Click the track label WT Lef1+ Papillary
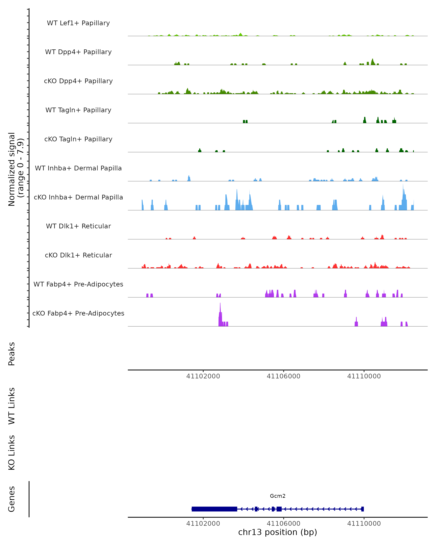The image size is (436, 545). coord(78,23)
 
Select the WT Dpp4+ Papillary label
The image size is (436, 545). coord(78,52)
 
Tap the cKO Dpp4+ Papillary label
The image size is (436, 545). coord(78,81)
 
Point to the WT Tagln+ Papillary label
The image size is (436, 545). coord(78,110)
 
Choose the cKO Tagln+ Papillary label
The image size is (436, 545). coord(78,139)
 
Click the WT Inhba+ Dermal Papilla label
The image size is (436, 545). coord(78,168)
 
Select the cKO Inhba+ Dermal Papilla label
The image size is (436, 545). coord(78,197)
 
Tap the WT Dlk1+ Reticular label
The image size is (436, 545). coord(78,226)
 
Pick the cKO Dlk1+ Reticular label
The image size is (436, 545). coord(78,255)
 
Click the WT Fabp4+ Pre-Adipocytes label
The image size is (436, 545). coord(78,284)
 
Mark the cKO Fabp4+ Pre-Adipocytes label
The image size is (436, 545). coord(78,313)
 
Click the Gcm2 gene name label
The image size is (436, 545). coord(278,496)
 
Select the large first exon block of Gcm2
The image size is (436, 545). coord(214,509)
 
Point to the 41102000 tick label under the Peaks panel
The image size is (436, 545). coord(203,376)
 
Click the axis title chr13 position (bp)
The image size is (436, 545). coord(278,532)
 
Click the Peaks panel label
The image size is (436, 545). coord(12,354)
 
